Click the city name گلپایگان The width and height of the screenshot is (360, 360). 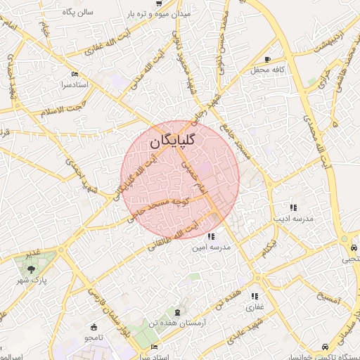click(x=172, y=141)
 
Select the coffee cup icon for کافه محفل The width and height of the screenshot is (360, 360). click(x=267, y=58)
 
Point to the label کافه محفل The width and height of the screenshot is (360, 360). click(x=267, y=70)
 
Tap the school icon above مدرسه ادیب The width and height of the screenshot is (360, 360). click(x=293, y=207)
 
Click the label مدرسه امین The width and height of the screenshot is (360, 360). click(x=212, y=247)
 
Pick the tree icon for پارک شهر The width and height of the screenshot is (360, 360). click(x=30, y=268)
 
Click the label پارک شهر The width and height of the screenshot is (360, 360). click(x=30, y=281)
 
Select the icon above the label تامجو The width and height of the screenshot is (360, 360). click(x=94, y=326)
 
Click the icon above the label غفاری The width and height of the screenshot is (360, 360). click(x=255, y=296)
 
